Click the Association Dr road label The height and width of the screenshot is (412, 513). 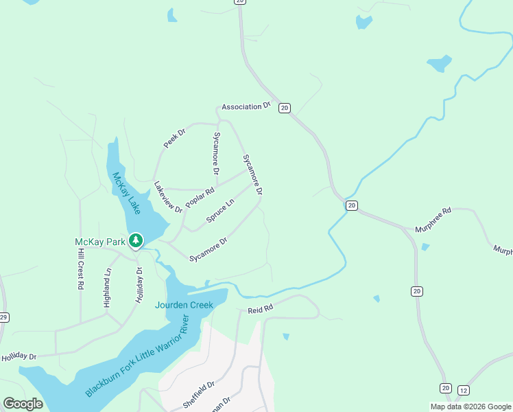tap(247, 107)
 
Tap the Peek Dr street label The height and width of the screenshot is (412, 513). tap(175, 139)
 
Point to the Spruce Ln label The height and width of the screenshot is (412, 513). tap(220, 210)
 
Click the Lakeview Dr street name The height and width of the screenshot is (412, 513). tap(168, 196)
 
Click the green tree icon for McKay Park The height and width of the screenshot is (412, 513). tap(137, 240)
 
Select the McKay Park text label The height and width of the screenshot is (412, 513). tap(100, 242)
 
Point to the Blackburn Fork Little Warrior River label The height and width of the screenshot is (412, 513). tap(137, 356)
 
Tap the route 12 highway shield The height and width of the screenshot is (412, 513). tap(463, 389)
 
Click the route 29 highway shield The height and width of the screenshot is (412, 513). tap(3, 317)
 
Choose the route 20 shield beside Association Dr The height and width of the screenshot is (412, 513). tap(285, 108)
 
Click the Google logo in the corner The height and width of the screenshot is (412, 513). tap(23, 403)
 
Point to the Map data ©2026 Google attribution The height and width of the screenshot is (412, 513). tap(470, 407)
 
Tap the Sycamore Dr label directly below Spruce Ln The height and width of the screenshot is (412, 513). tap(208, 249)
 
